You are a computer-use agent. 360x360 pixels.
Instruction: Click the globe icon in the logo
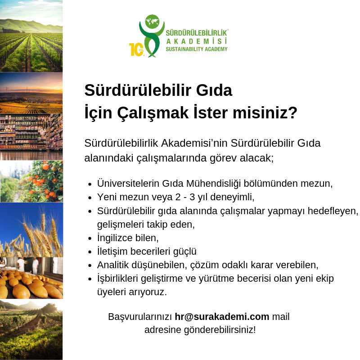point(152,22)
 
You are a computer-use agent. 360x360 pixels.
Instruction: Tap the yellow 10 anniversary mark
point(137,49)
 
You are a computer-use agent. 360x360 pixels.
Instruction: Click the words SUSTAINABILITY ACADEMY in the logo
point(197,49)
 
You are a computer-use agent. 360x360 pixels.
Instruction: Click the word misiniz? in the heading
point(265,113)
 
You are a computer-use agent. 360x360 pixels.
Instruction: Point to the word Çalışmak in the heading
point(153,113)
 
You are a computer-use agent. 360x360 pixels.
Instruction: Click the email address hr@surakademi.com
point(222,317)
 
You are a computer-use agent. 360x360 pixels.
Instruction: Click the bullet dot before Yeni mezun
point(90,198)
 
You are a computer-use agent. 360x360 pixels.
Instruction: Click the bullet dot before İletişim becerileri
point(90,252)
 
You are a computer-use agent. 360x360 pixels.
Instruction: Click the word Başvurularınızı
point(140,317)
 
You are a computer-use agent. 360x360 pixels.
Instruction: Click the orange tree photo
point(31,181)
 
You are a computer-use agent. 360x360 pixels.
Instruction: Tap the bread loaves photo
point(31,278)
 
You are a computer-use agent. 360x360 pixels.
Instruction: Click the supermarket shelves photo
point(31,137)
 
